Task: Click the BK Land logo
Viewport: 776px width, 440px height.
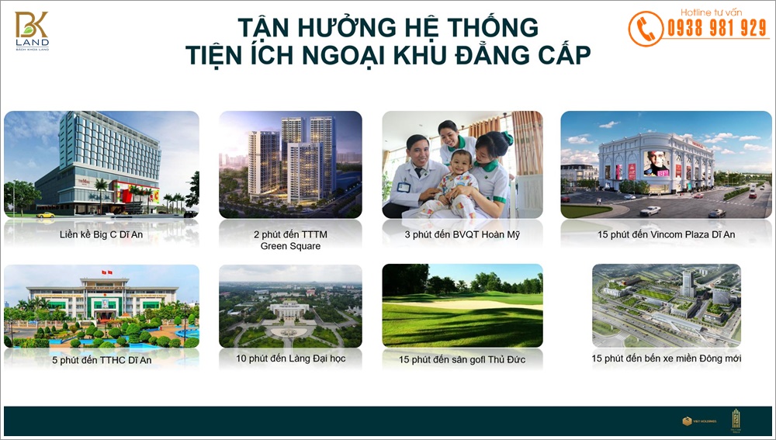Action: click(x=32, y=30)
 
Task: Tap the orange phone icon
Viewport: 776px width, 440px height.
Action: click(x=645, y=29)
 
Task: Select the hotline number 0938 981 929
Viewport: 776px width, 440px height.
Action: click(x=716, y=29)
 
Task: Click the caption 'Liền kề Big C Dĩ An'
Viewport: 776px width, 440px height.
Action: click(x=101, y=234)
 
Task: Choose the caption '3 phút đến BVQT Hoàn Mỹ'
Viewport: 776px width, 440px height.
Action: click(x=462, y=234)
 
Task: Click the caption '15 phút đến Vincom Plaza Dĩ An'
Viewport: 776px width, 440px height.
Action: click(x=666, y=234)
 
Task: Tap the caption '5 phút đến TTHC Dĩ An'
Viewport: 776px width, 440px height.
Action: click(x=101, y=359)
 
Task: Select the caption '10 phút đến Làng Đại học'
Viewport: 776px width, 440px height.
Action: click(x=290, y=359)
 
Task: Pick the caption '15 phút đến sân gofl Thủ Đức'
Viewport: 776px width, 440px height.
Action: click(x=462, y=359)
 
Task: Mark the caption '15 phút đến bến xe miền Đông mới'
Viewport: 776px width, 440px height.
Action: click(x=666, y=359)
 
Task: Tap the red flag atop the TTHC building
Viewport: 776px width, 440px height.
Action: click(x=106, y=272)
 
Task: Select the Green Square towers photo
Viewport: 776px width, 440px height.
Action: click(x=290, y=165)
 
